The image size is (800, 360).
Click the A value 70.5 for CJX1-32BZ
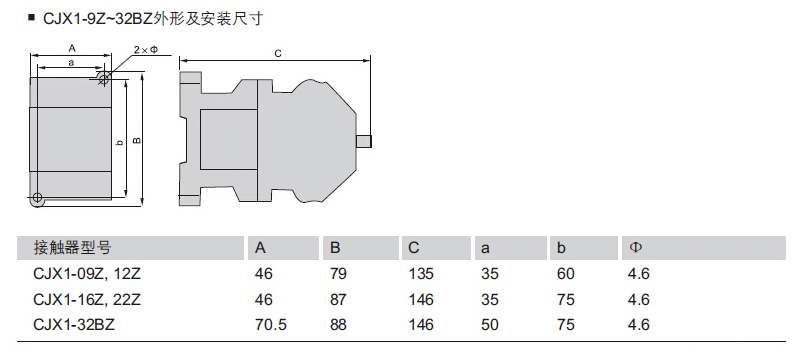270,324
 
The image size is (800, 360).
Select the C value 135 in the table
421,274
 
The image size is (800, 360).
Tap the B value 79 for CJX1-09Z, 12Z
338,274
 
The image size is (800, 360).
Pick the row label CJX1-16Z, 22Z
86,299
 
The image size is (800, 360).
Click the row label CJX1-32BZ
74,324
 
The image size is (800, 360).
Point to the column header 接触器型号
72,248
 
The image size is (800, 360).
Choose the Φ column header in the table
635,248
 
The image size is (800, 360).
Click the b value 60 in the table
565,274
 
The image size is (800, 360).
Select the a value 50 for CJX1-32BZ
489,324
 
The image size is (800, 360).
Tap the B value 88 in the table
338,324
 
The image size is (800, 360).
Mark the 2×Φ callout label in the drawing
147,49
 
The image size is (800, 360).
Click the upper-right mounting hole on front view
104,78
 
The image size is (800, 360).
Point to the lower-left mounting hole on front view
37,197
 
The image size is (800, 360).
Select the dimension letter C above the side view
278,54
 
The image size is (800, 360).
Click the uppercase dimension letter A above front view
72,48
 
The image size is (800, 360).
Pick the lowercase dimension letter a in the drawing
71,62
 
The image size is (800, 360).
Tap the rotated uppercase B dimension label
137,140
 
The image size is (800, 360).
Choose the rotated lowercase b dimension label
120,142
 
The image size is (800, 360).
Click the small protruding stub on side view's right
364,142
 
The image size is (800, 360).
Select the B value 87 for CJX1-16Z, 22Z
338,299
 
